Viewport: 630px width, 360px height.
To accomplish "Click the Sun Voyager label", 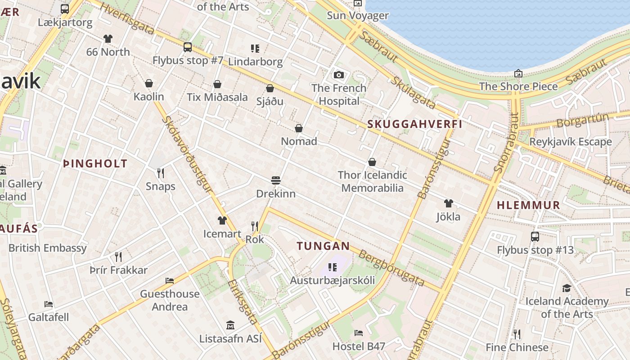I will (357, 16).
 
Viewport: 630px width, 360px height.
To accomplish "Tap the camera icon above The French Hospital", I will (339, 75).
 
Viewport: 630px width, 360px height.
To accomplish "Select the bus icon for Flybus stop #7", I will (188, 47).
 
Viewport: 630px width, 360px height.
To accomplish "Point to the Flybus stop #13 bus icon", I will (535, 237).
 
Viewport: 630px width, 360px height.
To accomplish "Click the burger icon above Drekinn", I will (276, 181).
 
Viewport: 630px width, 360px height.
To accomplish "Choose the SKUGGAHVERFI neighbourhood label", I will (414, 124).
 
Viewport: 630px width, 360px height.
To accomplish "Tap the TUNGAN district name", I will (323, 246).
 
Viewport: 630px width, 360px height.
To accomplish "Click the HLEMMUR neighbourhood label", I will (528, 205).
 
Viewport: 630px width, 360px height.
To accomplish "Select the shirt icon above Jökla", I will (448, 203).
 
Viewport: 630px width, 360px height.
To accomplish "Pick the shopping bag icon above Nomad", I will (298, 129).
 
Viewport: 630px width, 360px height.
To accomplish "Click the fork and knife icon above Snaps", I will (160, 173).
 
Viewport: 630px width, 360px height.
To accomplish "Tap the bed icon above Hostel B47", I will (359, 333).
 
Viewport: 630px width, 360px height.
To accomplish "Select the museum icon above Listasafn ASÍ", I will (230, 325).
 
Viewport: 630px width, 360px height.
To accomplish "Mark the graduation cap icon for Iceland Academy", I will (567, 288).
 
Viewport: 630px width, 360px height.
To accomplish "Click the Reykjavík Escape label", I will (571, 142).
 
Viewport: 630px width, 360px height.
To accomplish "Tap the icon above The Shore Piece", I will (518, 73).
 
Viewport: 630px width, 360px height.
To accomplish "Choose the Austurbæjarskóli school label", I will (332, 280).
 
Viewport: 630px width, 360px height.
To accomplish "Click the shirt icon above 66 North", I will (108, 39).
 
